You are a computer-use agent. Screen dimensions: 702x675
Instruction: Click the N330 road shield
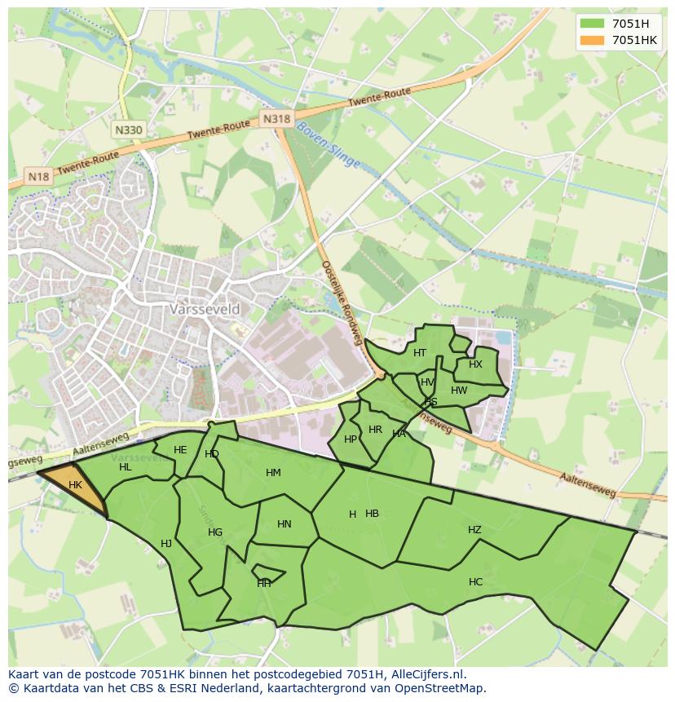coord(128,130)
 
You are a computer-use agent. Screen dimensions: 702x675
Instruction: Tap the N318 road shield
coord(276,119)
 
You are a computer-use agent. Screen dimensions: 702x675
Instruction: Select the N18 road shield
coord(38,176)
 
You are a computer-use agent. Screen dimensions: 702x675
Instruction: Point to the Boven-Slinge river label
coord(328,145)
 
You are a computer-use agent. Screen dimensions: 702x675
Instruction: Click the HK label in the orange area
coord(75,485)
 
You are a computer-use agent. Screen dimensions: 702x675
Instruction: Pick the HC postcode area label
coord(475,582)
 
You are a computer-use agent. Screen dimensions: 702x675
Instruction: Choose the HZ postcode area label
coord(474,530)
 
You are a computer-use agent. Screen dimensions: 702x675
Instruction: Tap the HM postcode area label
coord(273,473)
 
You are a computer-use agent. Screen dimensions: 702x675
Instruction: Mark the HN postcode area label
coord(284,524)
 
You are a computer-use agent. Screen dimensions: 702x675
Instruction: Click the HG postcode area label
coord(215,532)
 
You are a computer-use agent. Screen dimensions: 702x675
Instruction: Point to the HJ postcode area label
coord(166,544)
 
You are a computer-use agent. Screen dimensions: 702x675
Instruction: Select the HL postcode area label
coord(125,467)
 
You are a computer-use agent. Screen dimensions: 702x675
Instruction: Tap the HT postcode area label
coord(420,353)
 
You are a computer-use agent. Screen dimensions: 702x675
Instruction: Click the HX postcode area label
coord(475,364)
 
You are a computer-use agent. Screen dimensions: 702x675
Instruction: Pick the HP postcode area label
coord(351,439)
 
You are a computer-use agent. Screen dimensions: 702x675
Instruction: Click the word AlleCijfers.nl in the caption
coord(426,674)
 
